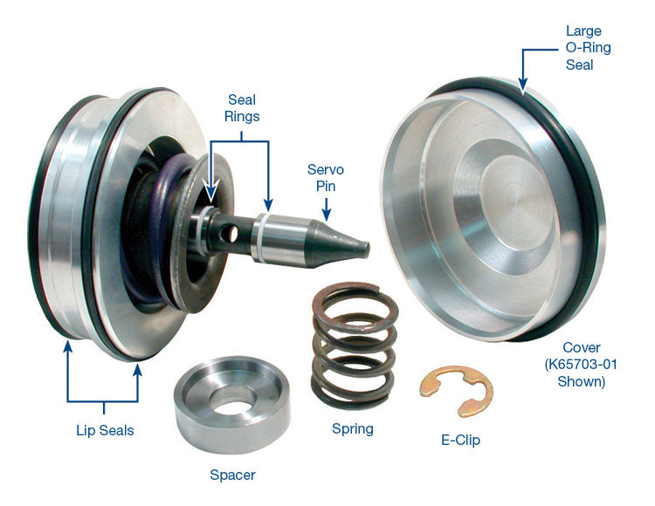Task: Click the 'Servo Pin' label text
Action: [x=325, y=177]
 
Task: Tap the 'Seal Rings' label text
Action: [x=243, y=109]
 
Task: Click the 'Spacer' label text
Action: [x=232, y=475]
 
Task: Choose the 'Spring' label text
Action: [x=352, y=428]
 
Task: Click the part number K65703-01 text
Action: [x=582, y=365]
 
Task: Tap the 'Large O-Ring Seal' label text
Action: [x=583, y=47]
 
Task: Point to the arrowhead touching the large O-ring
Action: [x=522, y=86]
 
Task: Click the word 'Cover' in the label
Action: [x=582, y=347]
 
